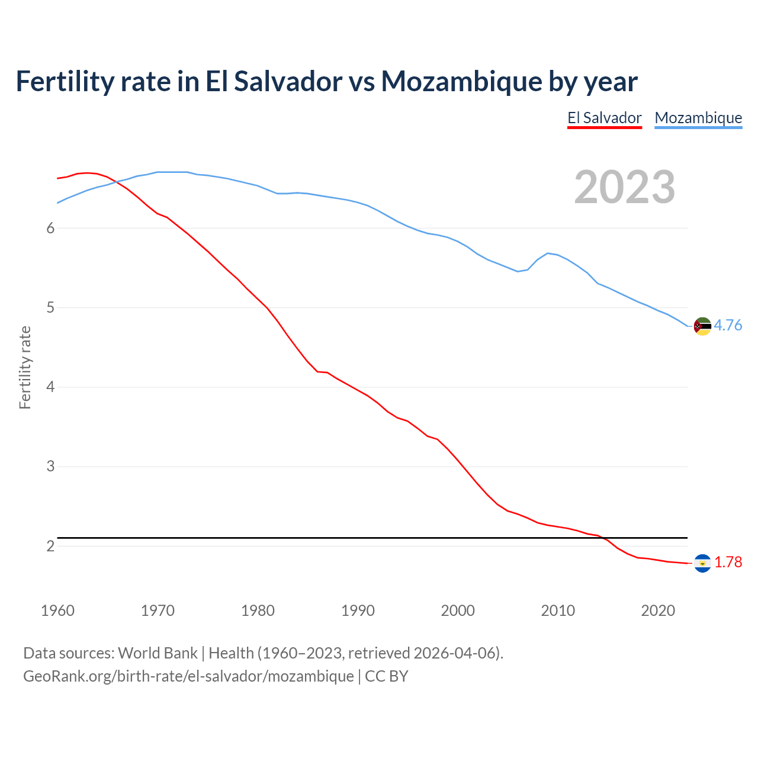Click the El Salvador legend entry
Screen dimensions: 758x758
[604, 118]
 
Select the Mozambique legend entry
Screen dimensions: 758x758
[698, 118]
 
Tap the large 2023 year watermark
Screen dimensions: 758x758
[625, 187]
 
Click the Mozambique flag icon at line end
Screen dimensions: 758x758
[702, 326]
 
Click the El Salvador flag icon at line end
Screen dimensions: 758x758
[702, 563]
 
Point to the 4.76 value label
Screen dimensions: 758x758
[728, 325]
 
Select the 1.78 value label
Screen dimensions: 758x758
[728, 562]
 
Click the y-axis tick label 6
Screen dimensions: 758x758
[50, 229]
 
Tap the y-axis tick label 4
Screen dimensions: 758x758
[50, 387]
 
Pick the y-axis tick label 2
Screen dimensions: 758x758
[50, 546]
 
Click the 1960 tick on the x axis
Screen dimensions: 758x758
[57, 611]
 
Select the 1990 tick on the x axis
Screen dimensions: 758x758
[358, 611]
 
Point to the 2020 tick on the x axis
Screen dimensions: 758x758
[658, 611]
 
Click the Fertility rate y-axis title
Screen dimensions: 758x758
[25, 367]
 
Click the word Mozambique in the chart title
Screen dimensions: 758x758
[461, 81]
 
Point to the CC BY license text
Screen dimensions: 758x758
[387, 676]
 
